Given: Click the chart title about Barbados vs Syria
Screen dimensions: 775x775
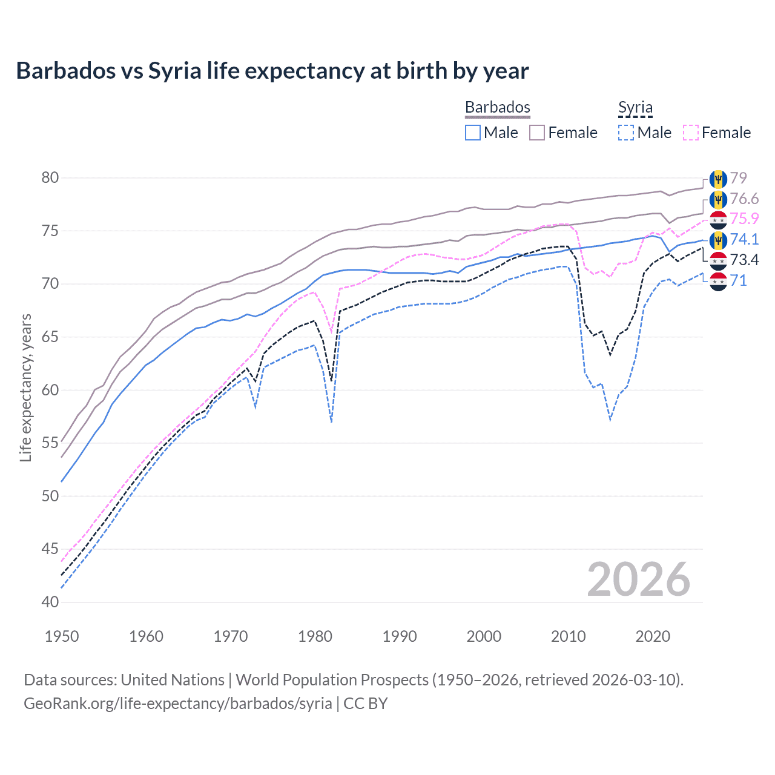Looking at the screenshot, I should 272,71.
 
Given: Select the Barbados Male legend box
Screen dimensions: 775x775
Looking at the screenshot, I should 473,133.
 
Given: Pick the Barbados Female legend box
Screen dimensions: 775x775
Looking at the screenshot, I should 537,133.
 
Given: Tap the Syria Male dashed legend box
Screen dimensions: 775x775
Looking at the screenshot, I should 626,133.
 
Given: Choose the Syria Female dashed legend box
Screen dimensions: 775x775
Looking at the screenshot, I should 691,133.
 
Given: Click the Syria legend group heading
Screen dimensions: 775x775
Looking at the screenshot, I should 635,108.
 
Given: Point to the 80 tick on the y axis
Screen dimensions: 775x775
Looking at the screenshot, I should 50,178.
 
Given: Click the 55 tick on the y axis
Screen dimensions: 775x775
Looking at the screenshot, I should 50,443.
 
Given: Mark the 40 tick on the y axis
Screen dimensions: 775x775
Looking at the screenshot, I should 50,602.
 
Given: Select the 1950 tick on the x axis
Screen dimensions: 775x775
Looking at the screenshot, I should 62,636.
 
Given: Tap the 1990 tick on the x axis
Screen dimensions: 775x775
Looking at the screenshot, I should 400,636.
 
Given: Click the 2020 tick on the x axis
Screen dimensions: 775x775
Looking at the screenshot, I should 653,636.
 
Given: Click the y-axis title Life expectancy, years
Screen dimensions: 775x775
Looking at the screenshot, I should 25,387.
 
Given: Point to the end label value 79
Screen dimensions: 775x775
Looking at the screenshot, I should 739,178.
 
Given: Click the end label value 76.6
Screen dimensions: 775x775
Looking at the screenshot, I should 744,199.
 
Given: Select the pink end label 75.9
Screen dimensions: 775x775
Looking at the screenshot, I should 744,219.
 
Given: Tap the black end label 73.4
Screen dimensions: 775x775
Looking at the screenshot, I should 744,260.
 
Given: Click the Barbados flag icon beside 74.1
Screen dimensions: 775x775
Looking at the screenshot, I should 718,240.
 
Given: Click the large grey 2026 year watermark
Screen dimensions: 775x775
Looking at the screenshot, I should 639,579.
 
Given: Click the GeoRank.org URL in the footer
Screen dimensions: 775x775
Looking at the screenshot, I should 177,704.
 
